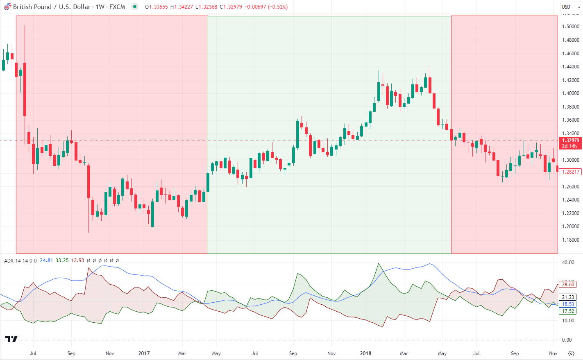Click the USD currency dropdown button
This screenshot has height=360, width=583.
pos(570,7)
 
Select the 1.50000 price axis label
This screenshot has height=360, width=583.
pos(571,27)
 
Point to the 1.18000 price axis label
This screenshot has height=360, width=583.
pos(571,240)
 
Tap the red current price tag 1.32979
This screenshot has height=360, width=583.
pos(570,140)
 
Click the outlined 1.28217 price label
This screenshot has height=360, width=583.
pos(570,172)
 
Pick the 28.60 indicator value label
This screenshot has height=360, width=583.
pos(568,285)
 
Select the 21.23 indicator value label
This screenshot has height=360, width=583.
pos(568,297)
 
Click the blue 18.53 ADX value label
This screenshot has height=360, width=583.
pos(568,304)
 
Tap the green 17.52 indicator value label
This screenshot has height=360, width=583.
pos(568,311)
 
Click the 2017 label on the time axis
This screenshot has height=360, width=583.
pos(144,353)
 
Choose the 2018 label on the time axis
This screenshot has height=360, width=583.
pos(366,353)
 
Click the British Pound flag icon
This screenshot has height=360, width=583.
pos(7,7)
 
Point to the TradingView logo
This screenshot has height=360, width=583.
pos(11,339)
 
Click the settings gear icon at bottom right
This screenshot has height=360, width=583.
pos(571,353)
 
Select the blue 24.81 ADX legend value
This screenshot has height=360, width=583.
pos(46,260)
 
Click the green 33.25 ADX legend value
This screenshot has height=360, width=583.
pos(62,260)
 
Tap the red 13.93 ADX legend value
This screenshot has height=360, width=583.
pos(78,260)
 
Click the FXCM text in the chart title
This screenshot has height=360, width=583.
pos(117,7)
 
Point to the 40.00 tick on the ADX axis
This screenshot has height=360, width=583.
pos(568,263)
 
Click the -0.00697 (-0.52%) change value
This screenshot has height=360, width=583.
pos(266,7)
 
